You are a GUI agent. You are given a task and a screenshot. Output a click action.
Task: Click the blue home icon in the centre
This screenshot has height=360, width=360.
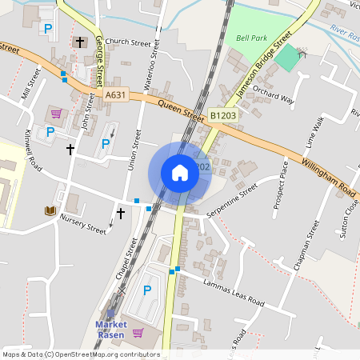(180, 173)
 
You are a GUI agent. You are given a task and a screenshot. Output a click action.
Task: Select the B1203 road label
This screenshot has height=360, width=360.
(224, 116)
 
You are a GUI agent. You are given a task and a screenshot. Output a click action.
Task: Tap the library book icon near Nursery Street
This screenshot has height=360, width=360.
(50, 210)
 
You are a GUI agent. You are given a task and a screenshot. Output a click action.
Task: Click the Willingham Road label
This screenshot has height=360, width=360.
(329, 178)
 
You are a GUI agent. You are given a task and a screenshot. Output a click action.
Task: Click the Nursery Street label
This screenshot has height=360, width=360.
(83, 226)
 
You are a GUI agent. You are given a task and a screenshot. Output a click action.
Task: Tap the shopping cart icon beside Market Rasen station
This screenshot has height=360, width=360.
(137, 332)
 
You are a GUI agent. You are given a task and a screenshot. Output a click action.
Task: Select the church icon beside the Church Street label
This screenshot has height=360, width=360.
(79, 41)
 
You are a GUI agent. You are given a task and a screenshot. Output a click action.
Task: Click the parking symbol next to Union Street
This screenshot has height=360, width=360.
(106, 145)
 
